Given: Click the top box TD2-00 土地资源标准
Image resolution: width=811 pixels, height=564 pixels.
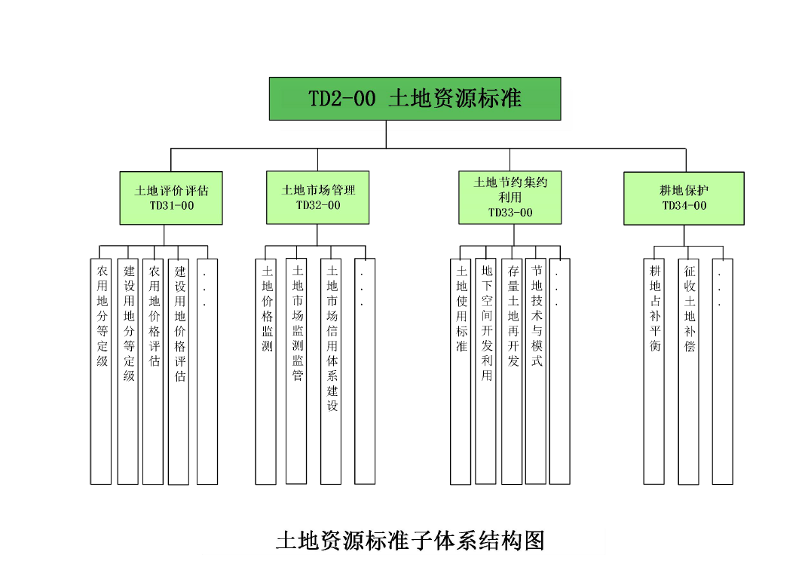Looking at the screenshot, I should pyautogui.click(x=415, y=98).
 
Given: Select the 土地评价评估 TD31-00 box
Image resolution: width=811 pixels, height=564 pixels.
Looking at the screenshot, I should pyautogui.click(x=171, y=198).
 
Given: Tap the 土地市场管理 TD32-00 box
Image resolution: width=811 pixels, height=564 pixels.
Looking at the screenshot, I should pyautogui.click(x=317, y=197).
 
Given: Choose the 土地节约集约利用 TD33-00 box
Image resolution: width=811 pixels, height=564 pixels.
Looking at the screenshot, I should pyautogui.click(x=510, y=197).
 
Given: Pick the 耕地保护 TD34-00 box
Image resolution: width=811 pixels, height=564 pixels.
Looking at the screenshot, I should pyautogui.click(x=684, y=198).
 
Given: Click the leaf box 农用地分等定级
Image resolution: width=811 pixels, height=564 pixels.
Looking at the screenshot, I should pyautogui.click(x=101, y=369).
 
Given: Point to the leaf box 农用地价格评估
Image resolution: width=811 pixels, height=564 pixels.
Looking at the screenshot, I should pyautogui.click(x=154, y=369).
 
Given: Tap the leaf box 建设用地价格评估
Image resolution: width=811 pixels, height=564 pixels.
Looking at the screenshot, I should pyautogui.click(x=179, y=369).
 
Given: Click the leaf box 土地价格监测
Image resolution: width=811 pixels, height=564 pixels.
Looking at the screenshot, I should pyautogui.click(x=266, y=369).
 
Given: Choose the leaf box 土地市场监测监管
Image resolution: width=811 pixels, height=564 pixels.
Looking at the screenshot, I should pyautogui.click(x=296, y=369).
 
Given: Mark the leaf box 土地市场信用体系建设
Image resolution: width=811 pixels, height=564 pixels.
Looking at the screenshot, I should pyautogui.click(x=331, y=369).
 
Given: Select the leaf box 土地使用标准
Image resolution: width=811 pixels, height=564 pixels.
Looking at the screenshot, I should pyautogui.click(x=461, y=369).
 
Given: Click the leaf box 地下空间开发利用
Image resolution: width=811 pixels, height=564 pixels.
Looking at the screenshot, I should pyautogui.click(x=485, y=369).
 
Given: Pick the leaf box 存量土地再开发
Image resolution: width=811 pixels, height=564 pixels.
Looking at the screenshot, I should pyautogui.click(x=512, y=369).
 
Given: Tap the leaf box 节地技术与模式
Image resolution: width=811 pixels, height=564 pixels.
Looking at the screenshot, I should pyautogui.click(x=536, y=369).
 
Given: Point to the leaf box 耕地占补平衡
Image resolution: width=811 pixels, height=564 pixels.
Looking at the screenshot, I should pyautogui.click(x=653, y=369).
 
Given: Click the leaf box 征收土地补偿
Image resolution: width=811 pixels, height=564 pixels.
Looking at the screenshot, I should pyautogui.click(x=688, y=369).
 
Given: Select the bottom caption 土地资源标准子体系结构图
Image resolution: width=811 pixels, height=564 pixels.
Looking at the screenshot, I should pyautogui.click(x=410, y=541).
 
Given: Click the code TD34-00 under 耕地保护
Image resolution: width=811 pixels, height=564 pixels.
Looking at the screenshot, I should pyautogui.click(x=684, y=206).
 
